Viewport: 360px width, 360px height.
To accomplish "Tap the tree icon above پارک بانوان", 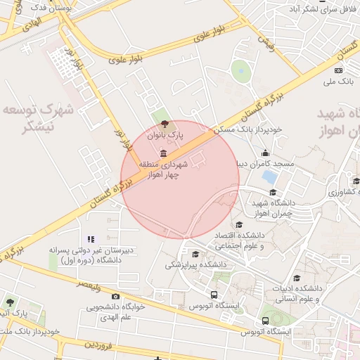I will tap(155, 124).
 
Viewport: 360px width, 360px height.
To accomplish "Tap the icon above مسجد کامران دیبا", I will tap(266, 153).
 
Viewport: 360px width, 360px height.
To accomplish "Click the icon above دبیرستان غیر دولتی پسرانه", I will tap(90, 240).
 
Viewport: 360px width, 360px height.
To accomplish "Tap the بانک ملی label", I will tap(338, 82).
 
